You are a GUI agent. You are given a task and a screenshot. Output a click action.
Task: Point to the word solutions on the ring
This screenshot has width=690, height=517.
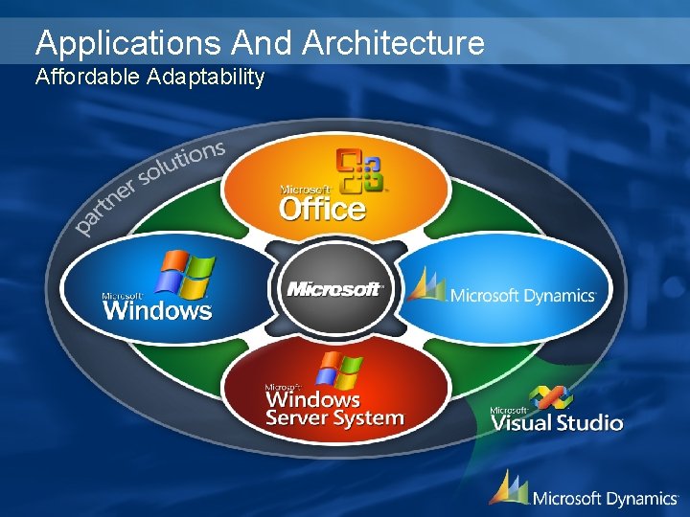click(x=182, y=162)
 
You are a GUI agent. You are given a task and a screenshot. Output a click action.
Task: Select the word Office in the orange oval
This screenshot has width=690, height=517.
click(x=322, y=208)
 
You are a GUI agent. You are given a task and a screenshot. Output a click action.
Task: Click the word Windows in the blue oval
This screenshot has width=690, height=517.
click(x=157, y=310)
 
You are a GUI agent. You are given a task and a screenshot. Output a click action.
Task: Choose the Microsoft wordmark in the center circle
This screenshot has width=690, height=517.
click(x=334, y=288)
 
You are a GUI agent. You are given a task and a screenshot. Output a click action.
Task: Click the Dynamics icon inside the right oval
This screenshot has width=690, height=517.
click(x=426, y=284)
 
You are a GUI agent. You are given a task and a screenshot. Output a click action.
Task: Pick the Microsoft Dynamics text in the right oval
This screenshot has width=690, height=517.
click(x=523, y=296)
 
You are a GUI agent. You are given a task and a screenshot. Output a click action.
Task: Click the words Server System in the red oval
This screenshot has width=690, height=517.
click(x=334, y=418)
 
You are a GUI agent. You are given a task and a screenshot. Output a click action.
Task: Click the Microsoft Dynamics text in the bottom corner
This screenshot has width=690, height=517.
click(x=605, y=498)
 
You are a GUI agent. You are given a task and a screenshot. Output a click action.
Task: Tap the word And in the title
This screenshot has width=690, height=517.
click(x=264, y=43)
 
